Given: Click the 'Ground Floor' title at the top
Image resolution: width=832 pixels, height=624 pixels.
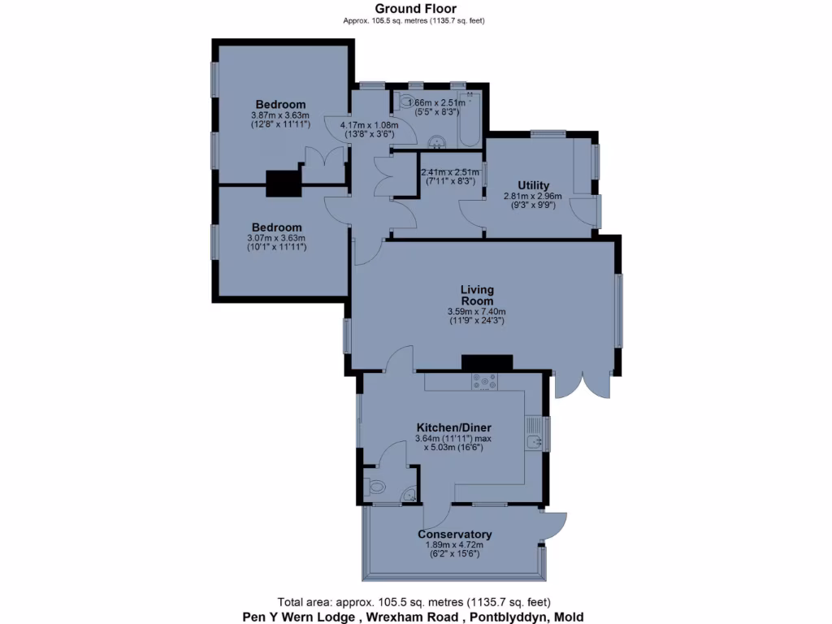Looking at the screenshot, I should point(415,9).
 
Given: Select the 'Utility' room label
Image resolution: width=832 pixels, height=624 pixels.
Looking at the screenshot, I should point(534,185).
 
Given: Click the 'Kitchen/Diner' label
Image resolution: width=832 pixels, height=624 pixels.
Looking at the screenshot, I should point(454,427).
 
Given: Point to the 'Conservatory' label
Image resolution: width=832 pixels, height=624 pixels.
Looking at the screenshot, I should point(454,534).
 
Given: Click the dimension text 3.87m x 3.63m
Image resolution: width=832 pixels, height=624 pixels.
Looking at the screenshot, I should point(280,115).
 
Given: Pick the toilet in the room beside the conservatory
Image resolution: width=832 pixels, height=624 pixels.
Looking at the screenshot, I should point(377,487).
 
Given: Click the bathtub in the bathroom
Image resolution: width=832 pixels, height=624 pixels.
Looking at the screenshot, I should point(470,120).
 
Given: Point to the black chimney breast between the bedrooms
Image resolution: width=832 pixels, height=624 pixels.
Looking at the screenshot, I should point(284,184).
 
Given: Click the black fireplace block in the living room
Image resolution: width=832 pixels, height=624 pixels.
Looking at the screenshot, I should point(487,363).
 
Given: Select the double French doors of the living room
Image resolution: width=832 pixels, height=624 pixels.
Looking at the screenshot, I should point(582,384).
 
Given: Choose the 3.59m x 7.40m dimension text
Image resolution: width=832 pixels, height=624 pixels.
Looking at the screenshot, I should point(477,311).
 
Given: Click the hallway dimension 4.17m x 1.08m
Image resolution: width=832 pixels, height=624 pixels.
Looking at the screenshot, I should point(368,125).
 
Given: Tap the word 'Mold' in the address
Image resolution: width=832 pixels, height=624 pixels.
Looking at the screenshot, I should point(569,617).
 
